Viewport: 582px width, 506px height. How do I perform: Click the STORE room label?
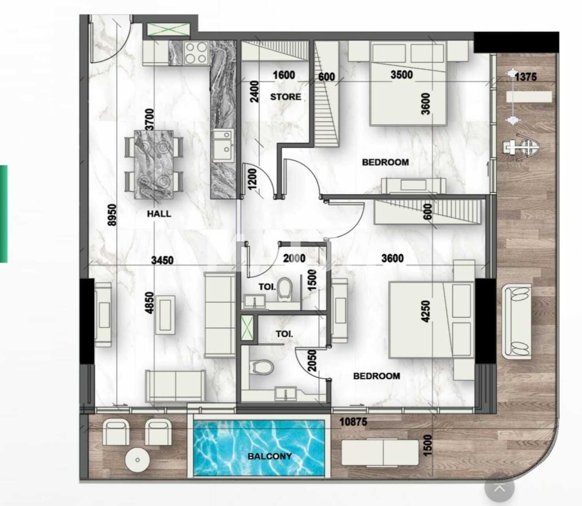coord(286,97)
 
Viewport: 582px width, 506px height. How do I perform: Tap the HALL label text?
coord(159,214)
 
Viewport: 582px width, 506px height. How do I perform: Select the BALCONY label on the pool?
coord(270,456)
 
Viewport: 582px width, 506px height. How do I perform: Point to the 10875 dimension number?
coord(353,422)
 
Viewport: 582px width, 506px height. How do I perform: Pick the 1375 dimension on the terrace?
coord(526,77)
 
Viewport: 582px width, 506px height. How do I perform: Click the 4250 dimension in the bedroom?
coord(426,312)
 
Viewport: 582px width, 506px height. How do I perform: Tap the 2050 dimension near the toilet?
coord(311,361)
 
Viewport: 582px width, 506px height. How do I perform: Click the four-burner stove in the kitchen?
coord(196,52)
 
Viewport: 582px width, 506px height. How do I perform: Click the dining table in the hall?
coord(154,164)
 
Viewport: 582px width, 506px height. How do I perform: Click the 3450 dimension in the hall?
coord(162,261)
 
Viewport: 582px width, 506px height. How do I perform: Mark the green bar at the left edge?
coord(4,214)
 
